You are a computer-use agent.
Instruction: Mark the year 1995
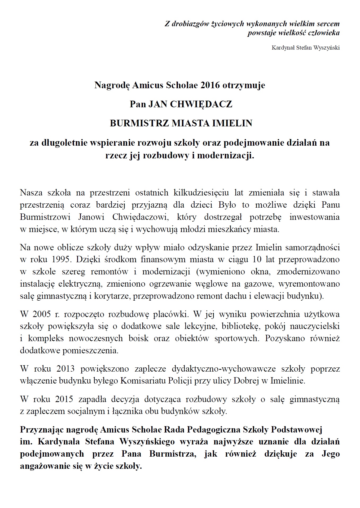click(61, 259)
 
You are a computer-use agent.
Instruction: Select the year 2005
click(41, 314)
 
